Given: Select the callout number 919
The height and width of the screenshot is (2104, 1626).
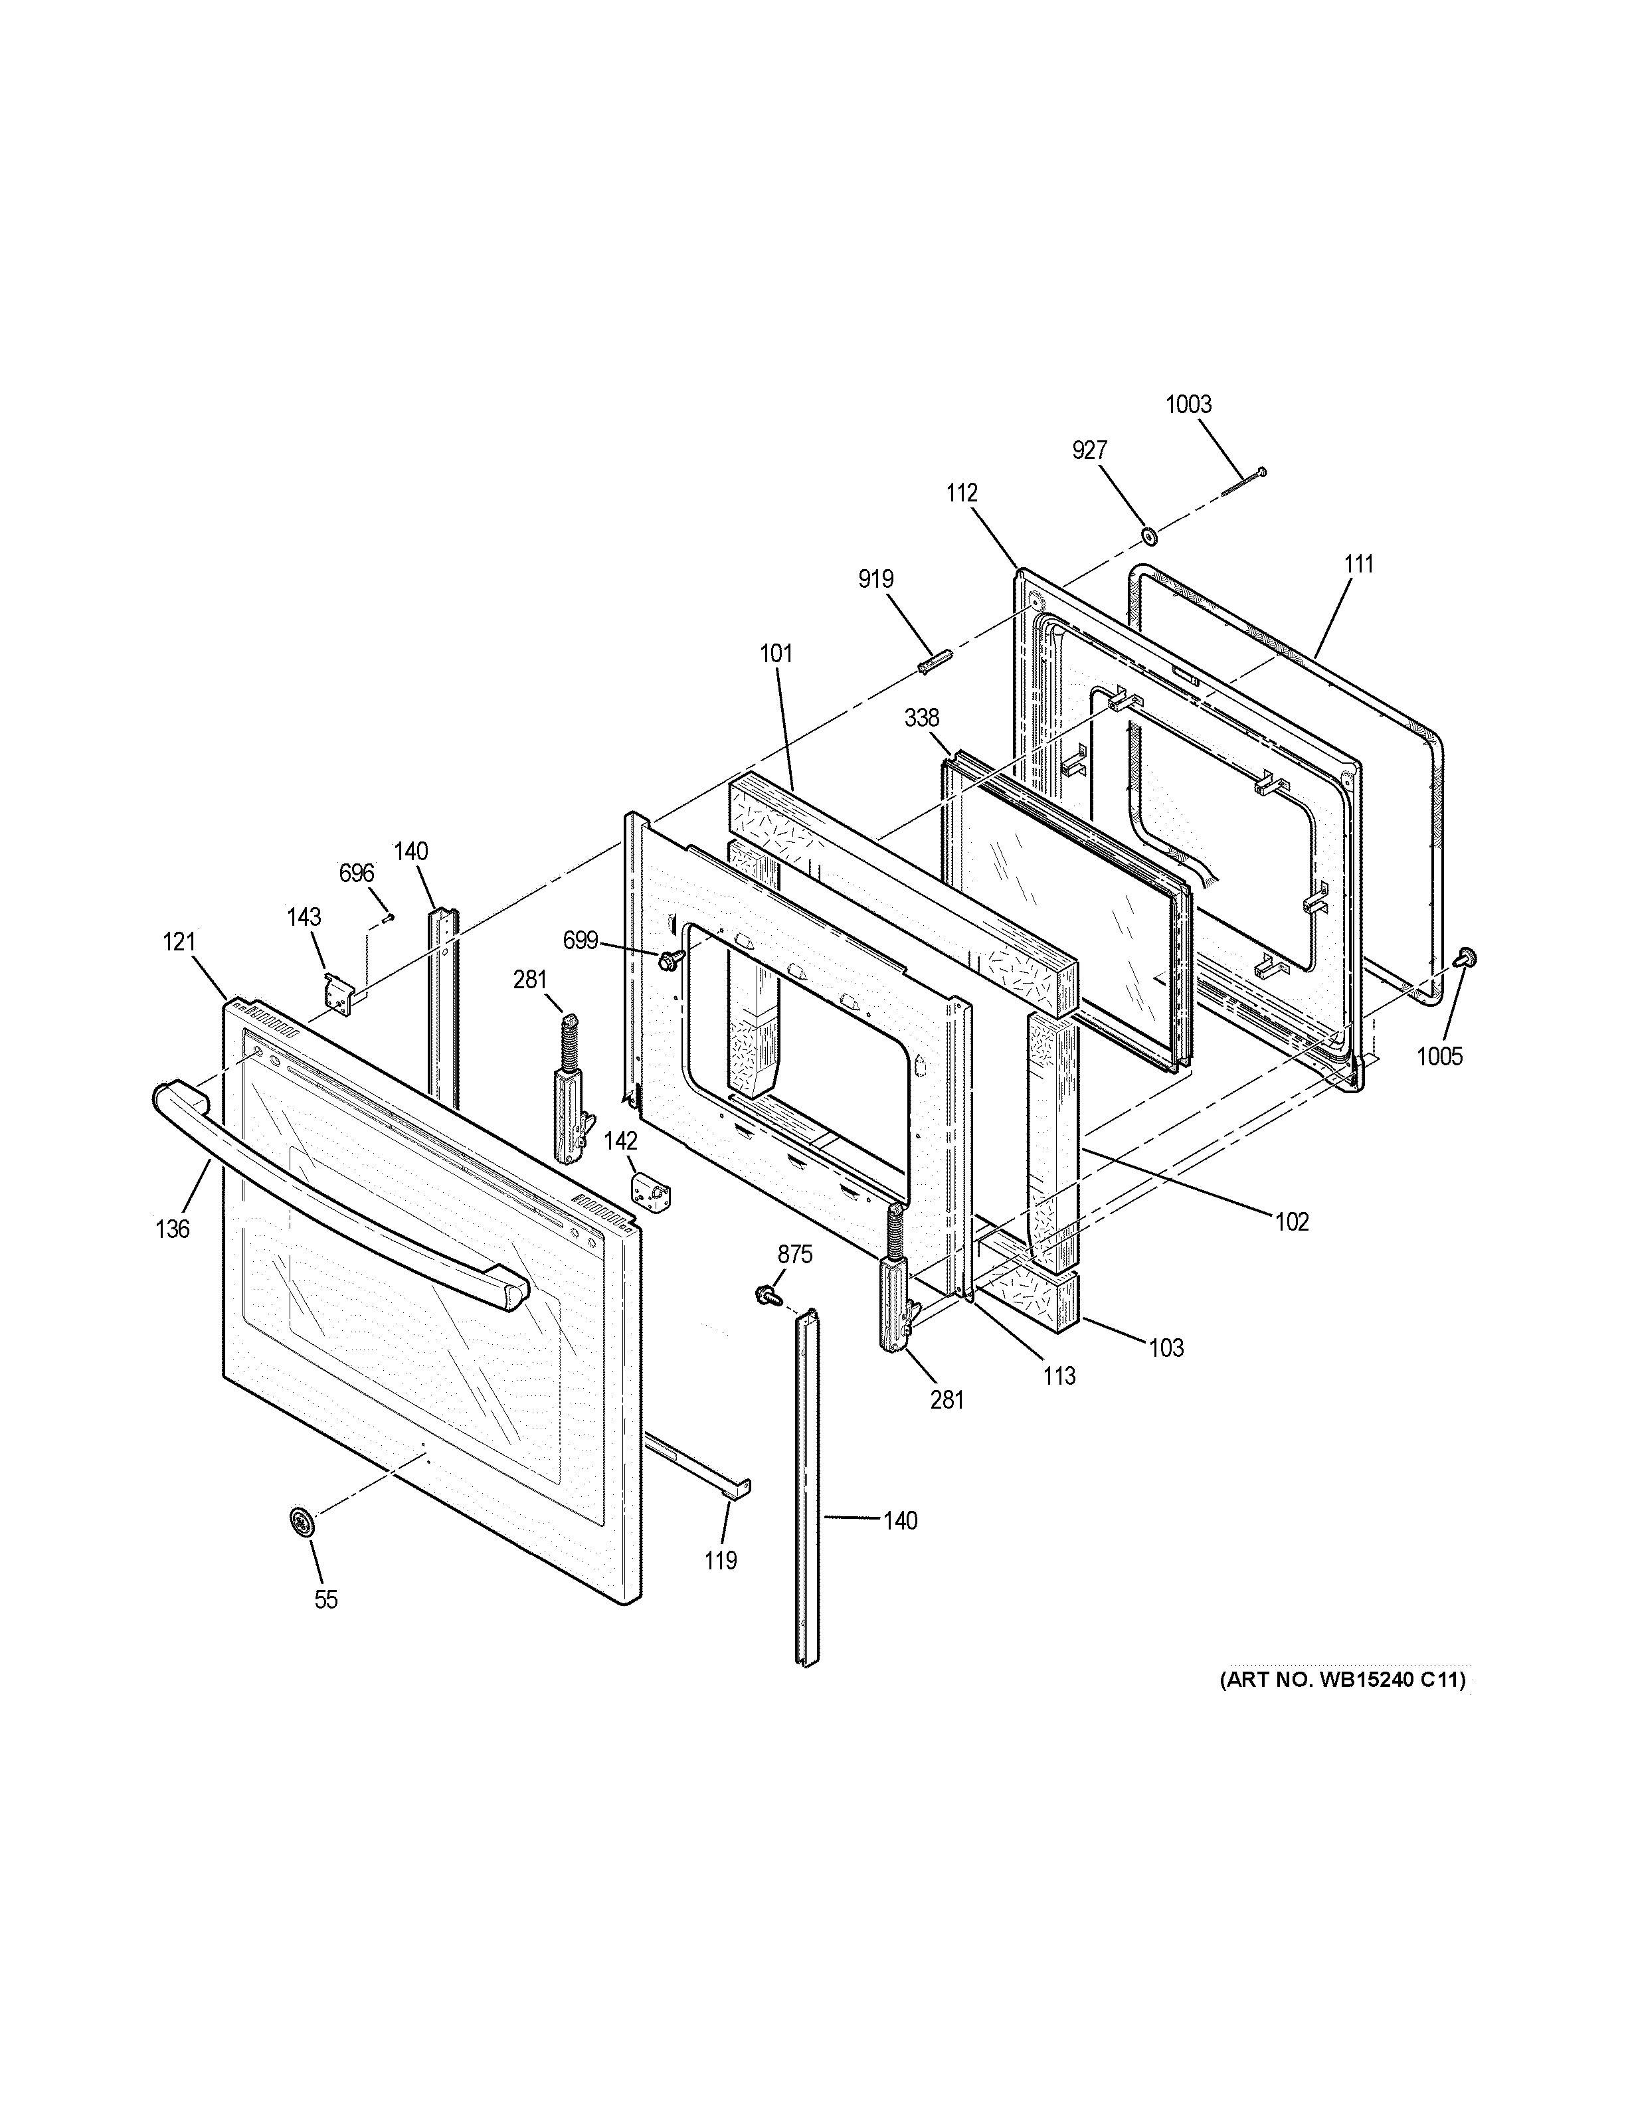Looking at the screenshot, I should pos(875,579).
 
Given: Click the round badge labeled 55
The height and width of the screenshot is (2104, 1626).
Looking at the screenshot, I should pos(302,1523).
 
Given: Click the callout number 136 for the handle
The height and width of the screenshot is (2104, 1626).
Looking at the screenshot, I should pos(173,1229).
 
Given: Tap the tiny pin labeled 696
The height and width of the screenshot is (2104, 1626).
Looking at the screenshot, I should pos(387,916).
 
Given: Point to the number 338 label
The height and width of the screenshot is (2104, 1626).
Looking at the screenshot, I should pos(922,718).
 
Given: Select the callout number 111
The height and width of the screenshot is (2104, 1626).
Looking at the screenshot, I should pos(1358,565).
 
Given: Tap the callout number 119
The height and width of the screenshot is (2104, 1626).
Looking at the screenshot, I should pos(721,1561).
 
